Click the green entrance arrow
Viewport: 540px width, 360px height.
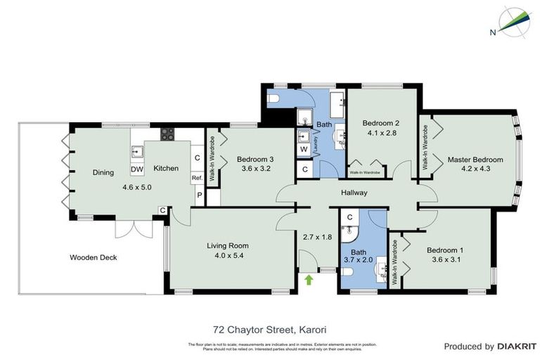coord(308,280)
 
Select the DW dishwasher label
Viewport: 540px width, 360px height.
coord(137,169)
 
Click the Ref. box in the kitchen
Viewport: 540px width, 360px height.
coord(198,178)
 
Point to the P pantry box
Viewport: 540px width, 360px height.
coord(198,195)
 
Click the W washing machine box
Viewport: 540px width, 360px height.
coord(304,150)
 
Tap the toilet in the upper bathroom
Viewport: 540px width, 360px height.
coord(277,98)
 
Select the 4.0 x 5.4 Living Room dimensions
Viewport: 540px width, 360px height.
coord(228,256)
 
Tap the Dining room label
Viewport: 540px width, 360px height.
coord(103,172)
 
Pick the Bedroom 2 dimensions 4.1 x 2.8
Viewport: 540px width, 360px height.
coord(382,131)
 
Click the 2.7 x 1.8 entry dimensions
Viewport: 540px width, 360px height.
coord(316,237)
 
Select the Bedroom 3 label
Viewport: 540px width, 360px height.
coord(255,159)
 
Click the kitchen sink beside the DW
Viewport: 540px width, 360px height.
coord(136,151)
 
